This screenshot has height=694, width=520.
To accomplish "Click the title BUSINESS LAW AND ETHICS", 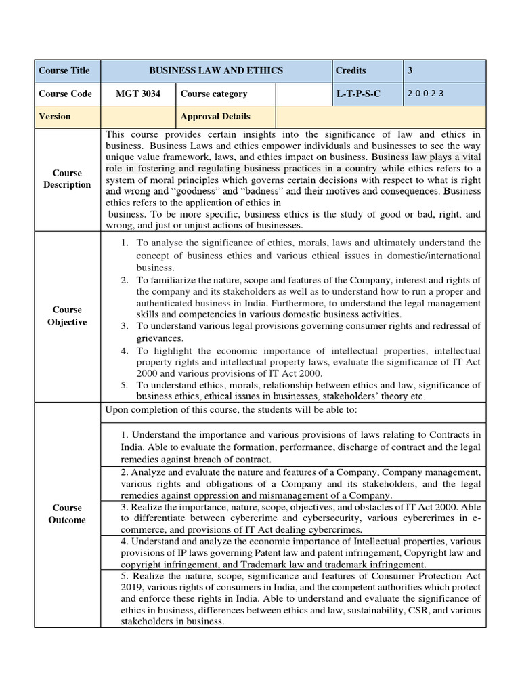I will [x=216, y=70].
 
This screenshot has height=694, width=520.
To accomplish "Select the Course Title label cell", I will [x=64, y=70].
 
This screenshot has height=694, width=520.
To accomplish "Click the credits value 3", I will [x=410, y=70].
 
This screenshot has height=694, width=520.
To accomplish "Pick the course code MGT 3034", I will [x=138, y=94].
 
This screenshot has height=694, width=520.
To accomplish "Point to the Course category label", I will [x=214, y=94].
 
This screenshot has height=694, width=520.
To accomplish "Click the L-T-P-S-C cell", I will [x=358, y=94].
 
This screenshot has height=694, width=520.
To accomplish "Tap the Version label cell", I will [x=55, y=116].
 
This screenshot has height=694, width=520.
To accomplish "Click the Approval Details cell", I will [x=215, y=116].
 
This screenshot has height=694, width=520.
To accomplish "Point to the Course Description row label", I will [x=67, y=179].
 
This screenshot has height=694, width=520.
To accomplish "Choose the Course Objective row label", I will [x=67, y=316].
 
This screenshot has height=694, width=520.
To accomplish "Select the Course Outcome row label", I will [x=67, y=514].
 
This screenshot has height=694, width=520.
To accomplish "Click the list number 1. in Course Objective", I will [x=125, y=243].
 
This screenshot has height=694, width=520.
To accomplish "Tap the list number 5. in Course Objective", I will [x=125, y=385].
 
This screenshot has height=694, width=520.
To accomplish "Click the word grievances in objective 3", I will [x=160, y=338].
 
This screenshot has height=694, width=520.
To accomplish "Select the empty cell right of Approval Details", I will [x=381, y=116].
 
